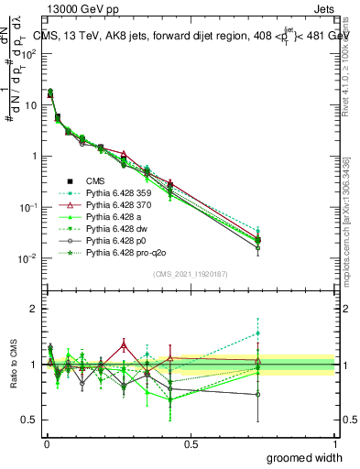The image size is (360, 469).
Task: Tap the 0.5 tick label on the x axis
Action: click(191, 442)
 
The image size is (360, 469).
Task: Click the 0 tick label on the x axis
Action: click(46, 442)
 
